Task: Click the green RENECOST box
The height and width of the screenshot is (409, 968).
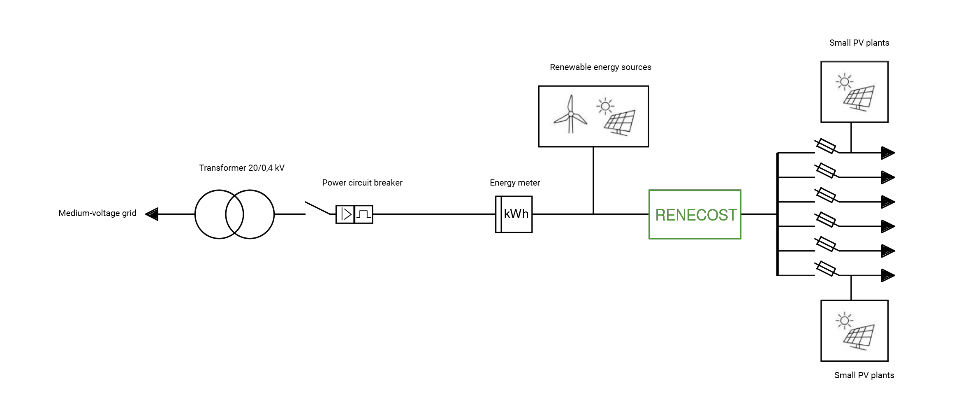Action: coord(695,214)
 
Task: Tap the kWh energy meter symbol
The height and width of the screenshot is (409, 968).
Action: coord(514,214)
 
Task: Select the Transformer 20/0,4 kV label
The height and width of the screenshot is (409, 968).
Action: coord(242,168)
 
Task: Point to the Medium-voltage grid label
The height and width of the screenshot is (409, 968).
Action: coord(97,213)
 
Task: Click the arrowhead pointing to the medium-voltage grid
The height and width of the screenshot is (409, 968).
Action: coord(152,214)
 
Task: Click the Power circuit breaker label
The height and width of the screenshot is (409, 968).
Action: coord(362,183)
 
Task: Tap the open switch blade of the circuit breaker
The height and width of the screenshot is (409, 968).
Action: coord(317,208)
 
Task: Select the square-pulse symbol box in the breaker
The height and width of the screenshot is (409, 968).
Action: coord(364,214)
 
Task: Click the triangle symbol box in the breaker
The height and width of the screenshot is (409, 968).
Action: coord(345,214)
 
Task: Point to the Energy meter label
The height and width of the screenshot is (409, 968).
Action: coord(514,183)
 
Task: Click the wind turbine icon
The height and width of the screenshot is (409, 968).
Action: coord(570,115)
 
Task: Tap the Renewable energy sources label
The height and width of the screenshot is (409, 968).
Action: coord(600,67)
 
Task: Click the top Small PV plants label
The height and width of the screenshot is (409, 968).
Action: coord(859,43)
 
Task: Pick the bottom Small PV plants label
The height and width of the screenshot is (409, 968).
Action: coord(864,375)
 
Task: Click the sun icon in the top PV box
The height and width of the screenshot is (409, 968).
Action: coord(845,81)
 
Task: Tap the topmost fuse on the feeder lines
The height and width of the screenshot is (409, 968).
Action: coord(825,146)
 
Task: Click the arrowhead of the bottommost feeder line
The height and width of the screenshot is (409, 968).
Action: coord(888,275)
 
